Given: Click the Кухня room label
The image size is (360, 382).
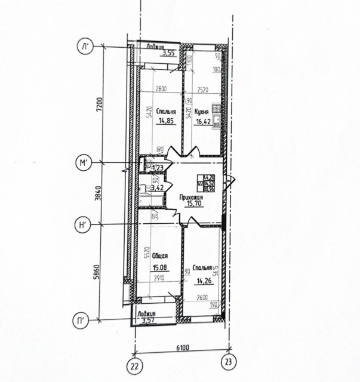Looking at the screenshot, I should [x=202, y=111].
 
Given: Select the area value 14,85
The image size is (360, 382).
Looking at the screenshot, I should [x=165, y=120].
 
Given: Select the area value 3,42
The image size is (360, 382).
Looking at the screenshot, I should [x=158, y=188].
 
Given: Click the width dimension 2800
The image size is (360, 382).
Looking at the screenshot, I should [x=161, y=90].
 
